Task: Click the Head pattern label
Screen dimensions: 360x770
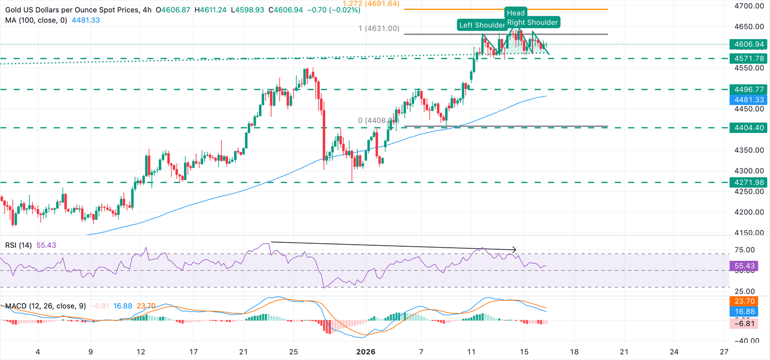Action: [x=516, y=13]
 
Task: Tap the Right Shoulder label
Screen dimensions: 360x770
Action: [x=532, y=22]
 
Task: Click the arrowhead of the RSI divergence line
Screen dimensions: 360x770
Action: [x=515, y=249]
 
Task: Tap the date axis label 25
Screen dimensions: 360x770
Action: [x=294, y=351]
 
